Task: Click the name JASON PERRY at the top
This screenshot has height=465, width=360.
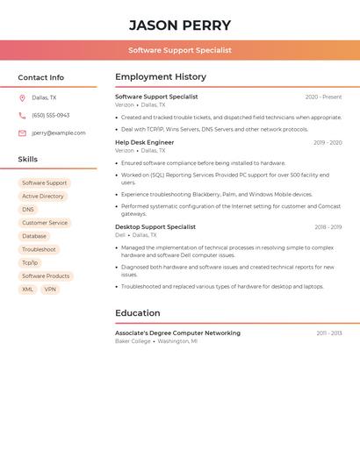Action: [x=180, y=25]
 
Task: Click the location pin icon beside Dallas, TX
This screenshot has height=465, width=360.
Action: [x=22, y=97]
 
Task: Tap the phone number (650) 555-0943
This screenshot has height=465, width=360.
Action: [x=50, y=115]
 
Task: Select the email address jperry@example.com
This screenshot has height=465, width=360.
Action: [x=59, y=132]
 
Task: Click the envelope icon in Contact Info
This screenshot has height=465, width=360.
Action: [x=22, y=132]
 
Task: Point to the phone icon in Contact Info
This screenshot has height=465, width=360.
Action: [x=22, y=115]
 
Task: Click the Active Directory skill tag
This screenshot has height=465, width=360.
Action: [x=43, y=197]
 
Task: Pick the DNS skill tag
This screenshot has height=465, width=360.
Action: [x=28, y=210]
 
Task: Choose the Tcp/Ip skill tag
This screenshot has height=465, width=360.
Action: [x=30, y=262]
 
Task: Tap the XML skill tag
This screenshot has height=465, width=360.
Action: [x=28, y=290]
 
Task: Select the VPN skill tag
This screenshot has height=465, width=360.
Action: [x=50, y=290]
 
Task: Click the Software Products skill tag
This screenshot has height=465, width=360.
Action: [x=46, y=276]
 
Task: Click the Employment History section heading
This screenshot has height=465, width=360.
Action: [x=161, y=77]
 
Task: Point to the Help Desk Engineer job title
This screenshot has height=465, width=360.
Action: [x=145, y=142]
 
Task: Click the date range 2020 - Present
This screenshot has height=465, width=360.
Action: [x=323, y=97]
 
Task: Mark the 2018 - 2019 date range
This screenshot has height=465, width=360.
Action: [x=328, y=227]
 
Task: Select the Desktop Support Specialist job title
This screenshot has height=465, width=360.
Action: [x=155, y=227]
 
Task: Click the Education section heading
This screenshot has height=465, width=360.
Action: [x=138, y=313]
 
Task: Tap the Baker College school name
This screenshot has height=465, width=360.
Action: [x=133, y=341]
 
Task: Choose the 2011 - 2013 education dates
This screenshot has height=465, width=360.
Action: [x=329, y=333]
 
